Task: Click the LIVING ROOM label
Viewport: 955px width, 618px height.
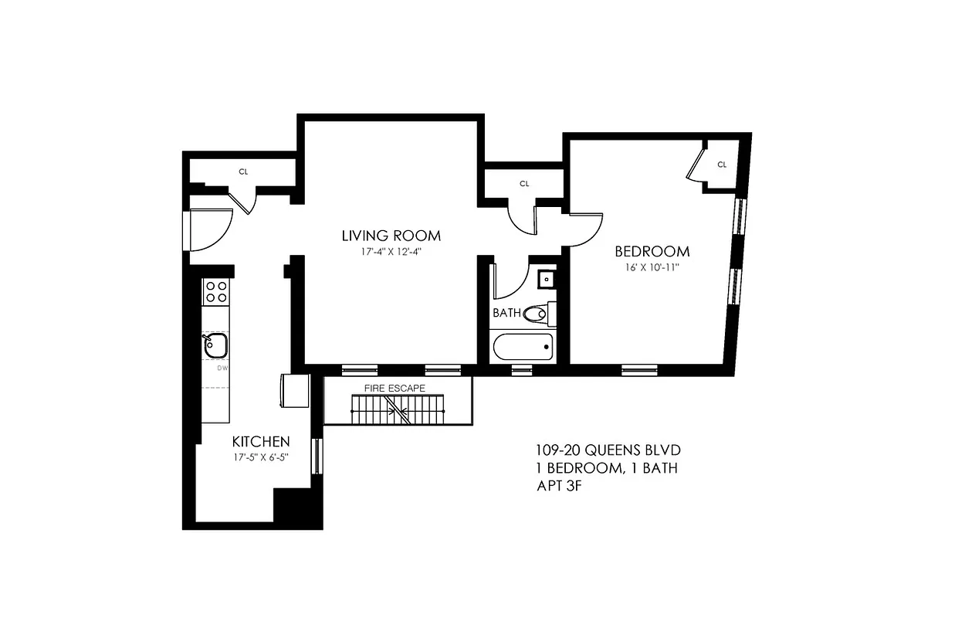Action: (391, 236)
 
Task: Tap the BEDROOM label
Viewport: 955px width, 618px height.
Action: (652, 251)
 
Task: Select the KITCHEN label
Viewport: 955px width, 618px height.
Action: (261, 442)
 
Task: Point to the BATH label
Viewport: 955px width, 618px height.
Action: (506, 314)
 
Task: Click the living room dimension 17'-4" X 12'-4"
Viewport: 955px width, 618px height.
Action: (391, 251)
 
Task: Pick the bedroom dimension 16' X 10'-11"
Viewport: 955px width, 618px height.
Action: (652, 267)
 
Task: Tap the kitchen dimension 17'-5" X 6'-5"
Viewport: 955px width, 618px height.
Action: (261, 457)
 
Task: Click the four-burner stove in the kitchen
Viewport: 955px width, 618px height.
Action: (216, 291)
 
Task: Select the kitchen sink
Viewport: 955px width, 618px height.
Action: (215, 345)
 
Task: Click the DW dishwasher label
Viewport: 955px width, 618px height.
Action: (222, 368)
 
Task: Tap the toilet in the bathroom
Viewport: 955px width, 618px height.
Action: (537, 314)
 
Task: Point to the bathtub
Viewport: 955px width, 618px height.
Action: (523, 346)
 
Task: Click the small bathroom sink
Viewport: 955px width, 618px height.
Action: (547, 277)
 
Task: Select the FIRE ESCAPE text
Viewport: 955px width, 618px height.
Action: (395, 388)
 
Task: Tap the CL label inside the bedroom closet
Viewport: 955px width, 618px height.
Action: (722, 164)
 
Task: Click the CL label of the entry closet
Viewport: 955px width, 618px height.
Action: (243, 171)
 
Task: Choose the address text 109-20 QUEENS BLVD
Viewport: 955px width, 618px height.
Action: (608, 450)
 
